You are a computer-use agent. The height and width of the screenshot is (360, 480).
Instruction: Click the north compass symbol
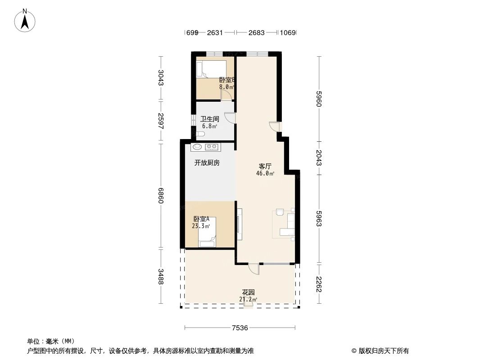pyautogui.click(x=25, y=20)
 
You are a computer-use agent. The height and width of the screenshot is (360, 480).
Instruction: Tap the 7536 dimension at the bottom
pyautogui.click(x=240, y=328)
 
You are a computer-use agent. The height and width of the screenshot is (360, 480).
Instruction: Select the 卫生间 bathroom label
pyautogui.click(x=210, y=119)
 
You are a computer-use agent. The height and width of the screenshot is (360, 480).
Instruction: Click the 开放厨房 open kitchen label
pyautogui.click(x=207, y=163)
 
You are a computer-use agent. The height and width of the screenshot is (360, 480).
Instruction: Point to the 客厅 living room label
pyautogui.click(x=265, y=166)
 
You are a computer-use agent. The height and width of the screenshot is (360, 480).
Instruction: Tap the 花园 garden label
pyautogui.click(x=249, y=292)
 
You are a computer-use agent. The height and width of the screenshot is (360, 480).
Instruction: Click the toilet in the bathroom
pyautogui.click(x=201, y=134)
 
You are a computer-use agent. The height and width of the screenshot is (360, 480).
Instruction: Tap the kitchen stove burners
pyautogui.click(x=212, y=147)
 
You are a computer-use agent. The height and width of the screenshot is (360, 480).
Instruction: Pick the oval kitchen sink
pyautogui.click(x=197, y=147)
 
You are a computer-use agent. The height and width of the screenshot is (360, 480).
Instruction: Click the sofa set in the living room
pyautogui.click(x=285, y=223)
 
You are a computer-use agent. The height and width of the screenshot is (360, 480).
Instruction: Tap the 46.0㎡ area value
pyautogui.click(x=266, y=173)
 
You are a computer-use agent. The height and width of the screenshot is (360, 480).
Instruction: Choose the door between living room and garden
pyautogui.click(x=254, y=269)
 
